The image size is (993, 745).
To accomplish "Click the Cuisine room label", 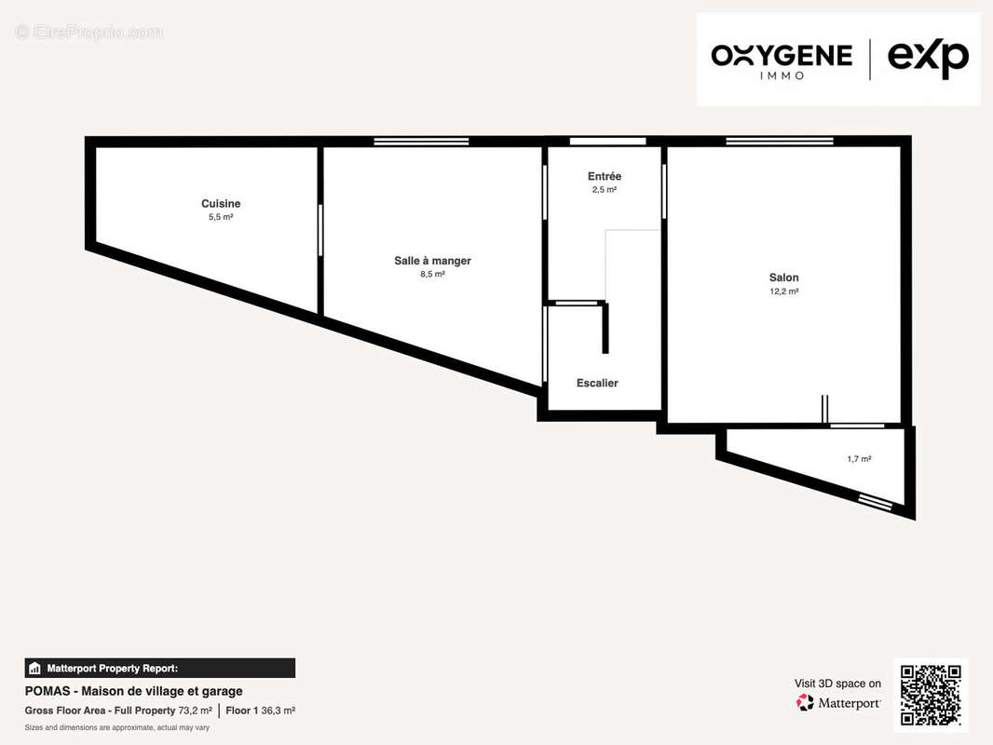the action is (x=221, y=203).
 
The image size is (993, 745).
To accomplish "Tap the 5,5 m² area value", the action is (x=221, y=217).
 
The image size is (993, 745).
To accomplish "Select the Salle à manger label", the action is (x=432, y=260).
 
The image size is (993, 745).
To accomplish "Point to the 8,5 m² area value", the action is (x=432, y=274).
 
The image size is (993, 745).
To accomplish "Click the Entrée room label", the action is (x=605, y=176).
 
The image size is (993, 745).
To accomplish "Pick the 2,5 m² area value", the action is (x=605, y=190).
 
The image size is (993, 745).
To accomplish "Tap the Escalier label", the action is (x=597, y=383).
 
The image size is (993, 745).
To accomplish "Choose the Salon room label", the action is (x=784, y=278).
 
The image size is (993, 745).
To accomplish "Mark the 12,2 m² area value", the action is (x=784, y=291).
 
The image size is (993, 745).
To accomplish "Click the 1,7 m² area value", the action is (x=860, y=459).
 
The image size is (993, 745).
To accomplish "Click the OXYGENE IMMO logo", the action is (x=782, y=61).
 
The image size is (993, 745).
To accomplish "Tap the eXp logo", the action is (x=928, y=60).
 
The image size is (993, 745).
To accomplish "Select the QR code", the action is (x=931, y=695).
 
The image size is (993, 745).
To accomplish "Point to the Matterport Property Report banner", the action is (x=159, y=669).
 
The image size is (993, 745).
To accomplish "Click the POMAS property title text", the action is (x=133, y=691).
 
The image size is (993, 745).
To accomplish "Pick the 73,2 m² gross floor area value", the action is (x=195, y=711).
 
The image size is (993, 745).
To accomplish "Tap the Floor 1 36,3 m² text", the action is (x=260, y=711).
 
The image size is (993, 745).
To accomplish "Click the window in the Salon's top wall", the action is (x=779, y=142).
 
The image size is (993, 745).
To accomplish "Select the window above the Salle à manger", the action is (x=421, y=142).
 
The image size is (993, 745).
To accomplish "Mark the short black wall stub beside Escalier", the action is (x=605, y=328).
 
